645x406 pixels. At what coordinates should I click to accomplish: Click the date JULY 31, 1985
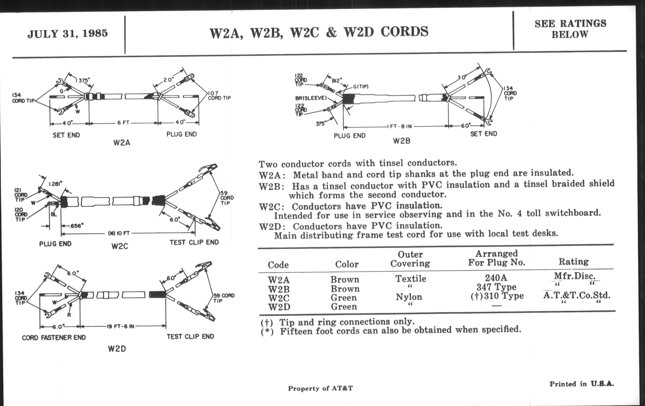tap(68, 34)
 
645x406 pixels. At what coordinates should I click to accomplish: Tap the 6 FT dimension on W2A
tap(123, 123)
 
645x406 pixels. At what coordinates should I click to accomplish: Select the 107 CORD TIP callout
tap(219, 96)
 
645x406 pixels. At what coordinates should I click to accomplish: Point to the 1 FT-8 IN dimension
tap(399, 127)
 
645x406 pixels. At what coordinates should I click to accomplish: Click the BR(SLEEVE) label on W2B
tap(311, 98)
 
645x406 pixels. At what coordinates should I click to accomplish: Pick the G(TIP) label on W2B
tap(360, 87)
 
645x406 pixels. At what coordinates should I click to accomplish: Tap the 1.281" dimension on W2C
tap(55, 184)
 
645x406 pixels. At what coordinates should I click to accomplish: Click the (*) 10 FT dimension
tap(119, 234)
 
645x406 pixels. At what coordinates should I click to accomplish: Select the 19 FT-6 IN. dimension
tap(121, 326)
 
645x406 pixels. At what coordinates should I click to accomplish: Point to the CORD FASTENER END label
tap(54, 337)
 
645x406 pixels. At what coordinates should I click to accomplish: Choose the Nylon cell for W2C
tap(409, 297)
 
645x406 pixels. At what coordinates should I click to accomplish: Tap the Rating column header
tap(573, 262)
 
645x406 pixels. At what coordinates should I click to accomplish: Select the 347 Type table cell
tap(496, 287)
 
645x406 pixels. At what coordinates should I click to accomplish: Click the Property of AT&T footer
tap(320, 388)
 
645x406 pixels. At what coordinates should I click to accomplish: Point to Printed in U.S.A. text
tap(582, 384)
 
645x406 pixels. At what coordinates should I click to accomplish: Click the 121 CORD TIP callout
tap(21, 195)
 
